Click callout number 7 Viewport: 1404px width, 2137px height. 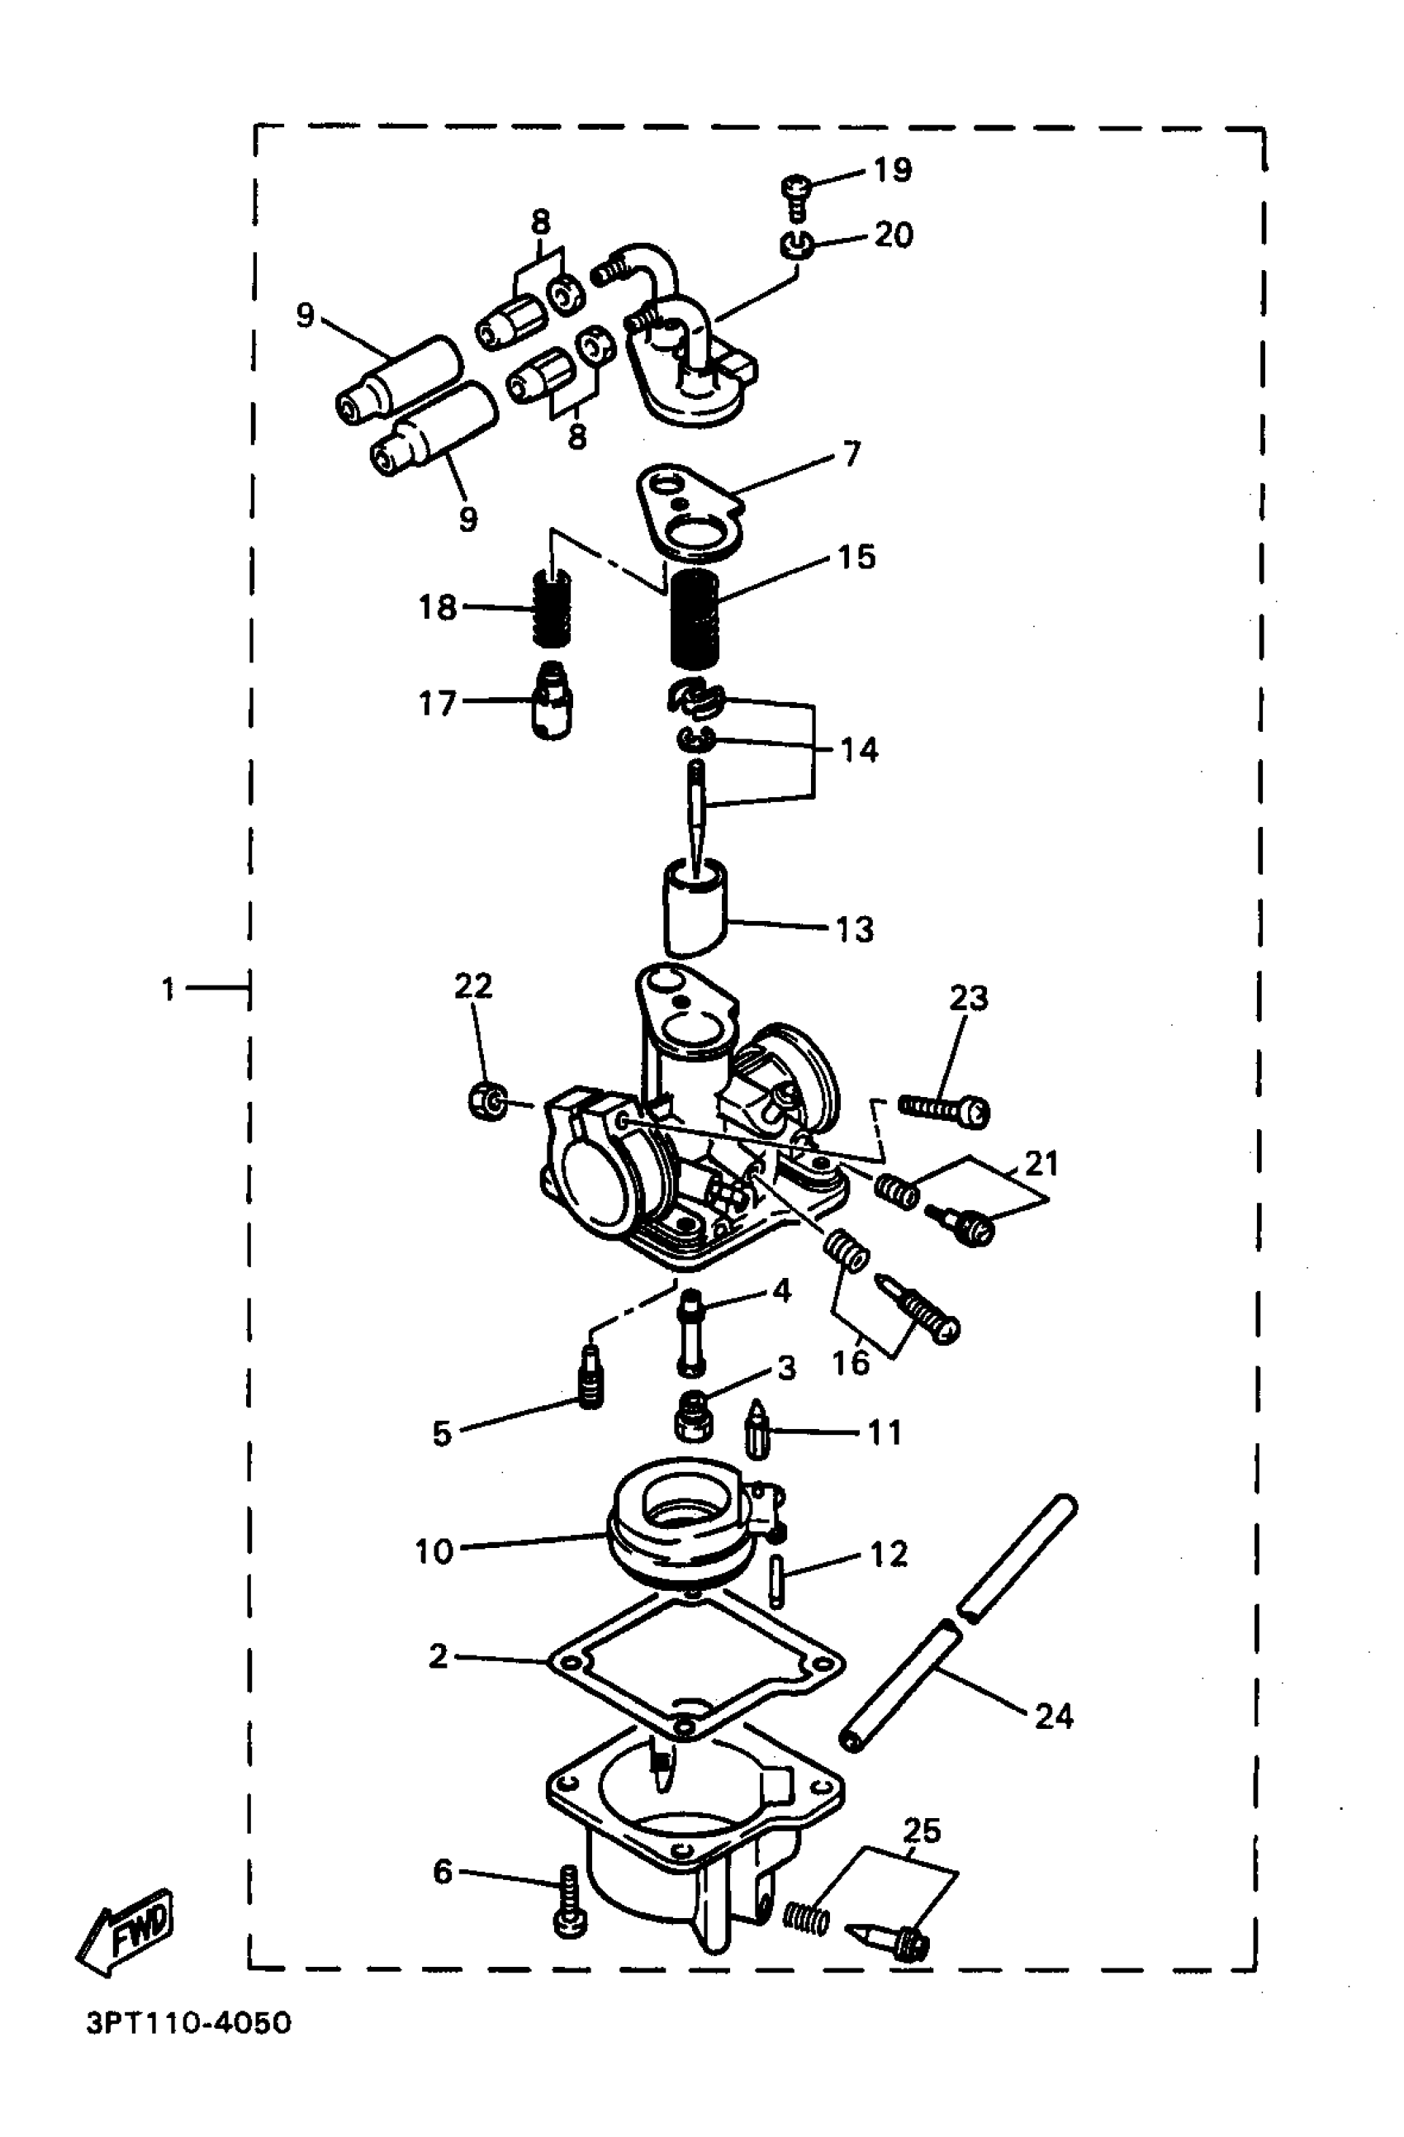tap(850, 454)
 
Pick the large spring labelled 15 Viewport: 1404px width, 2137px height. tap(695, 619)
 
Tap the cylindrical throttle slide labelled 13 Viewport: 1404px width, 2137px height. tap(694, 909)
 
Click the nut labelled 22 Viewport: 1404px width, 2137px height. tap(488, 1101)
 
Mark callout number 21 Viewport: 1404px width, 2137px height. tap(1041, 1164)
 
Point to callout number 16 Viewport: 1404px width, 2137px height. tap(851, 1363)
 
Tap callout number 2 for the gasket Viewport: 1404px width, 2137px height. tap(438, 1655)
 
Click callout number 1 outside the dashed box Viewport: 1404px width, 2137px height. tap(168, 990)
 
